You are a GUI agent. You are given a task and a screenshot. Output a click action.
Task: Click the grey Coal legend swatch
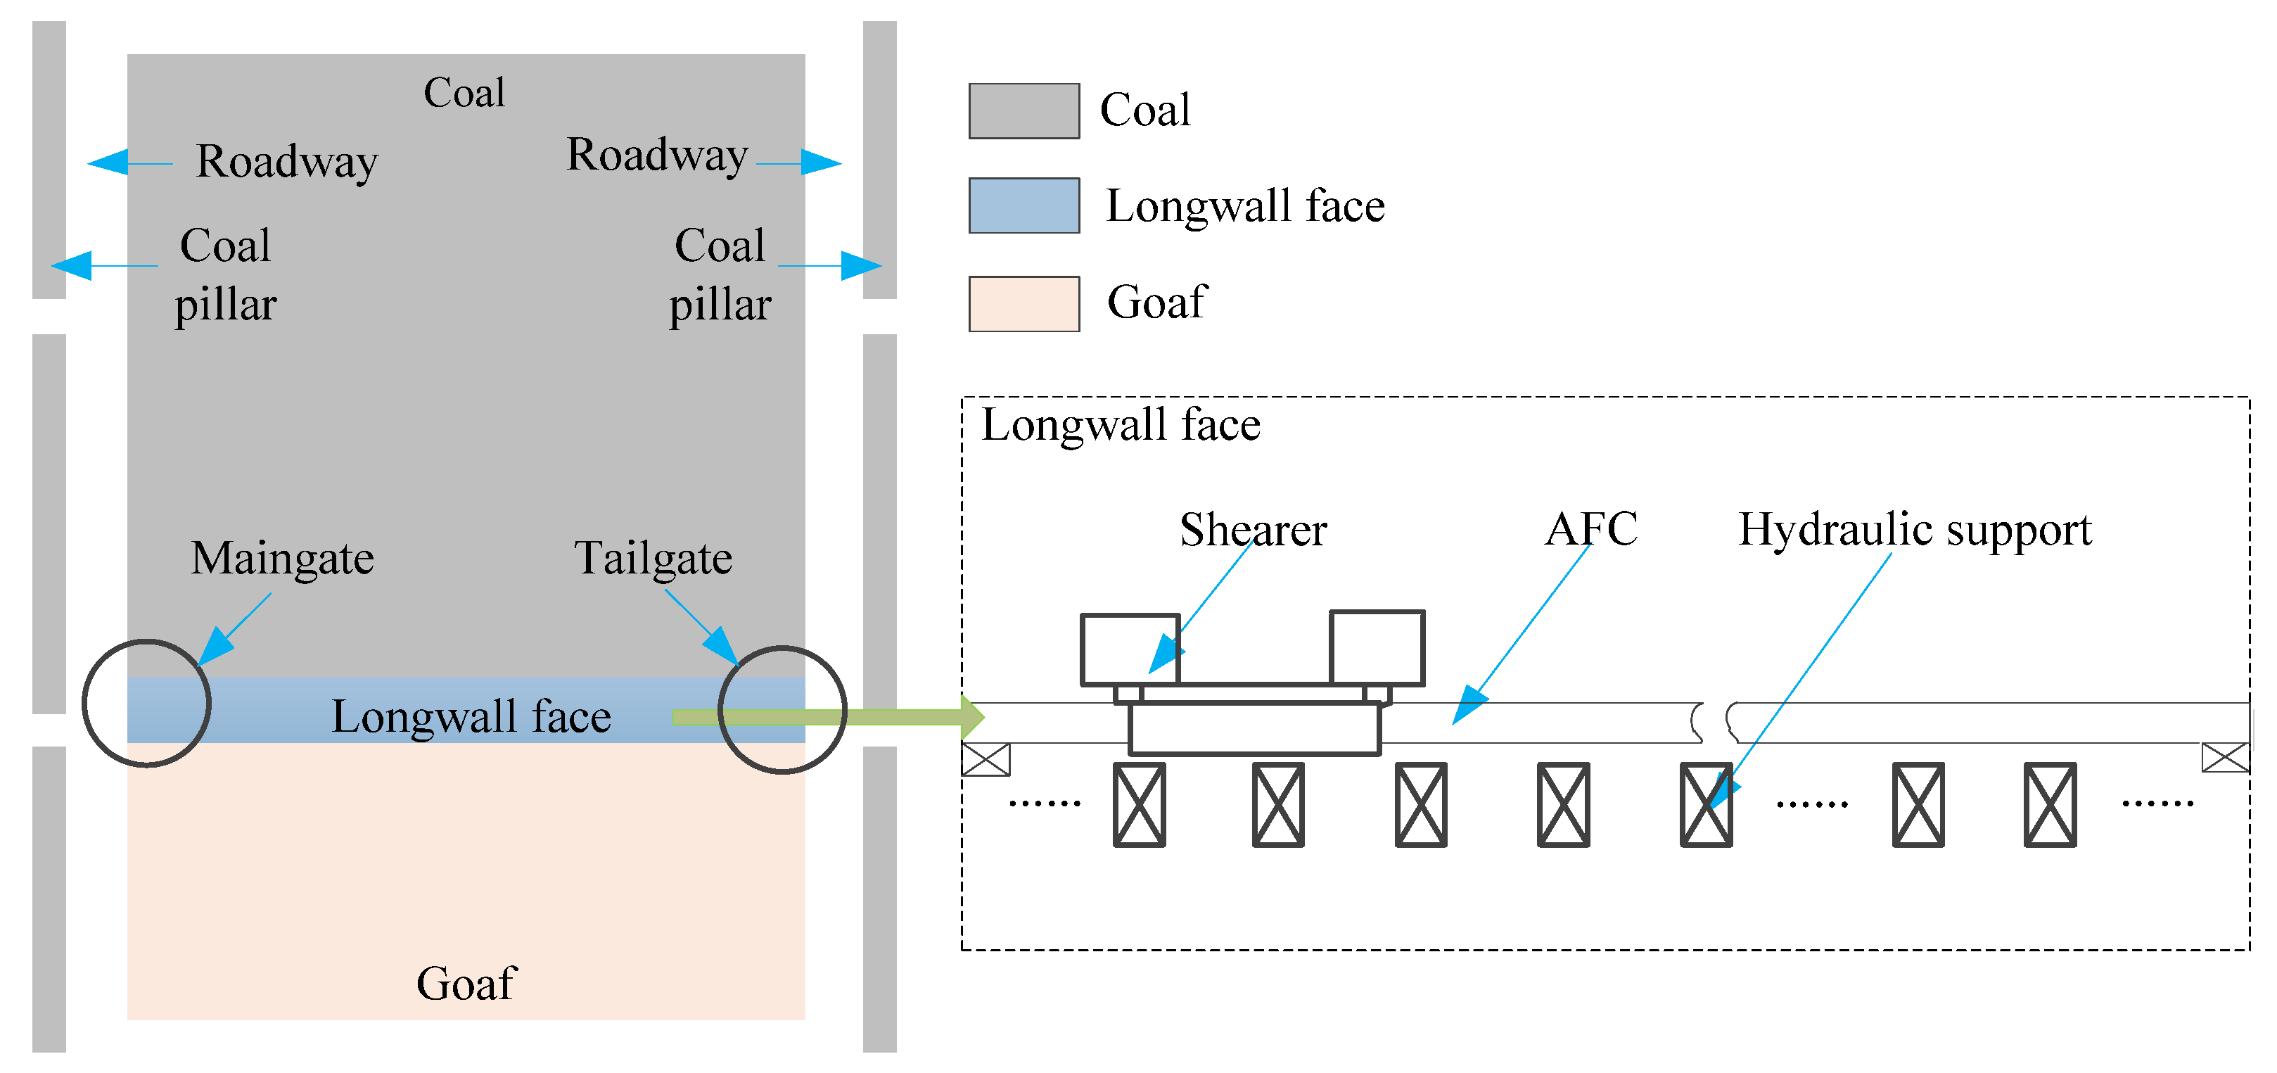1023,111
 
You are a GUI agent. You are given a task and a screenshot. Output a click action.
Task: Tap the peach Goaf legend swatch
1023,304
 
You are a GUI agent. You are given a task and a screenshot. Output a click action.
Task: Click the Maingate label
282,559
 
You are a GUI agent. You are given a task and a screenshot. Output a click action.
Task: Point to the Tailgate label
653,559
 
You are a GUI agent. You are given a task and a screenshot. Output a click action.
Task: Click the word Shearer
1253,531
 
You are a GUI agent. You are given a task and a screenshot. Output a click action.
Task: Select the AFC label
1590,528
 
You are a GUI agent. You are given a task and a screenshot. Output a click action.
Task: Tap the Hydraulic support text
1915,531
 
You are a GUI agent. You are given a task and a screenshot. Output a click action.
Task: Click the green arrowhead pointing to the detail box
972,717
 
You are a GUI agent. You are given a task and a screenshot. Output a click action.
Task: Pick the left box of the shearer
1130,649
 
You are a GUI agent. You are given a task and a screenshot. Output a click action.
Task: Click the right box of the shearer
1377,648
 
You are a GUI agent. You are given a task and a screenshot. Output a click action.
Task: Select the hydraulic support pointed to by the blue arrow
1705,805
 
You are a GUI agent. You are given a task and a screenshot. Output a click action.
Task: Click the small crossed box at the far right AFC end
2225,758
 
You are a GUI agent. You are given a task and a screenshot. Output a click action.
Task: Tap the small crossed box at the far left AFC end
986,759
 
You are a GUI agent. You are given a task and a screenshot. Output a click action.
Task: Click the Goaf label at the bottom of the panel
466,984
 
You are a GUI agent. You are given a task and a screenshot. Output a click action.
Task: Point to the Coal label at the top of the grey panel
464,93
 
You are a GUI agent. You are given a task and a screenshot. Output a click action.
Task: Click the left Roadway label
286,162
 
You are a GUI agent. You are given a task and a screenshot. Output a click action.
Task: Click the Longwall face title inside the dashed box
1120,425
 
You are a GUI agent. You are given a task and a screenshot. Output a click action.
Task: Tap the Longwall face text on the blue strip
471,717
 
